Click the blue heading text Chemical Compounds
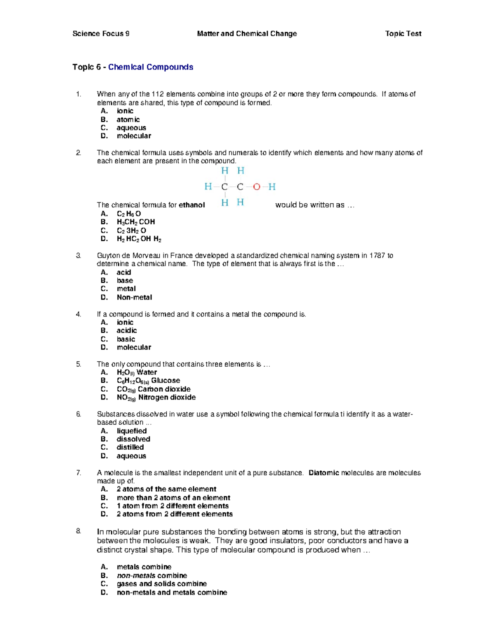tap(151, 67)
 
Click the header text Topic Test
tap(403, 34)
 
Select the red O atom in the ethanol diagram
tap(256, 187)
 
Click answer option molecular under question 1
tap(134, 136)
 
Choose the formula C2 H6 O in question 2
tap(129, 214)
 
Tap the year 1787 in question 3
tap(377, 256)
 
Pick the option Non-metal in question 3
tap(134, 297)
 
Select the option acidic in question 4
tap(126, 330)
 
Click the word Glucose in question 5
tap(165, 381)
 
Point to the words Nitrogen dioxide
tap(167, 397)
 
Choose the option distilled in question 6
tap(130, 447)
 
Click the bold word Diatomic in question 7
tap(324, 473)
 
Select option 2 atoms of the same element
tap(166, 489)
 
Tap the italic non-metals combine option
tap(151, 576)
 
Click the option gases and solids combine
tap(161, 584)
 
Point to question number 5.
tap(79, 364)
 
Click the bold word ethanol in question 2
tap(191, 205)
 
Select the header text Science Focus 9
tap(101, 34)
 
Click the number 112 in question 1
tap(158, 94)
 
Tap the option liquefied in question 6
tap(131, 431)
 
